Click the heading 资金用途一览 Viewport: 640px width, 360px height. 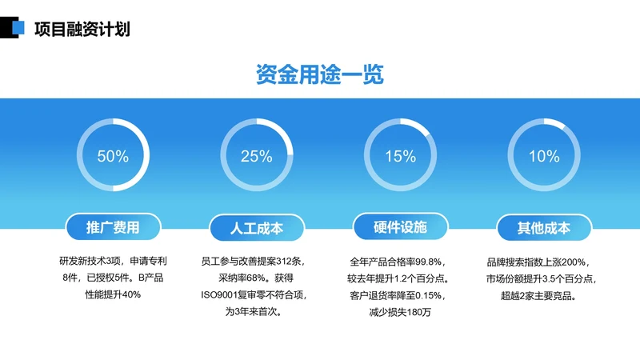point(320,75)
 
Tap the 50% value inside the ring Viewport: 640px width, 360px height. point(113,157)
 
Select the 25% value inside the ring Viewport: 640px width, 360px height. point(256,157)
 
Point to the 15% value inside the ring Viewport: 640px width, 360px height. point(400,157)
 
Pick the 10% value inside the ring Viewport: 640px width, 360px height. point(544,157)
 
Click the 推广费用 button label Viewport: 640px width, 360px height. point(113,228)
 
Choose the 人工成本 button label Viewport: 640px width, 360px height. point(256,228)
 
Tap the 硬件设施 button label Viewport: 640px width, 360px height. point(400,228)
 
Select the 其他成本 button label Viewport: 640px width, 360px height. point(544,228)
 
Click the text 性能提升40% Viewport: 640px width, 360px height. point(113,294)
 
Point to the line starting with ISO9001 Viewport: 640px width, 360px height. point(254,295)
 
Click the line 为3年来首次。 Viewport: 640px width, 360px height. point(254,312)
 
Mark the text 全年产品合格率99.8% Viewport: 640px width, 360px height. point(397,262)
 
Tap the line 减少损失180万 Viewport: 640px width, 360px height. point(397,312)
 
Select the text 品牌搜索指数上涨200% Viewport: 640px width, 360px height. point(542,262)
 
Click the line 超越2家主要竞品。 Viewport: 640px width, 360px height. point(542,295)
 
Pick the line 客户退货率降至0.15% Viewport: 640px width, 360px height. point(397,295)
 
